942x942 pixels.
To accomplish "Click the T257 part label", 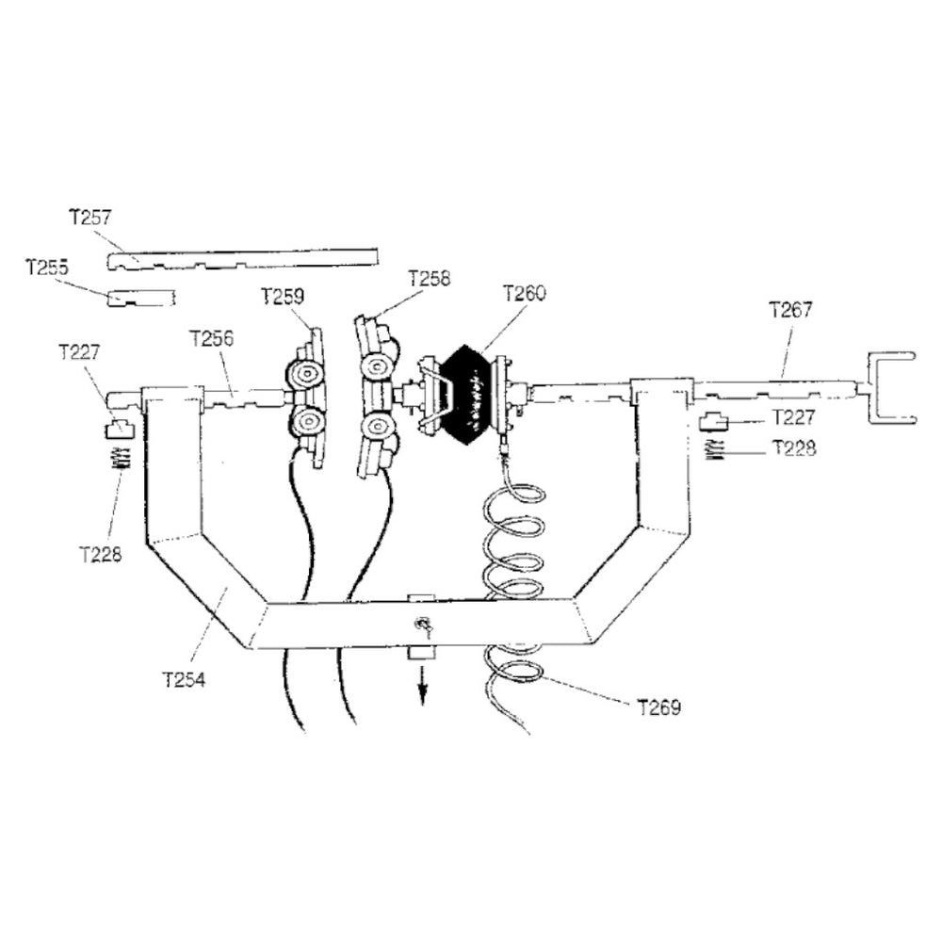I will tap(90, 217).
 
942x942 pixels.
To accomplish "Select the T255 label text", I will tap(46, 268).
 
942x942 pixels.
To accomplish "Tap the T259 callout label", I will tap(282, 297).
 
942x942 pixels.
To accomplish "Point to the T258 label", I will tap(429, 279).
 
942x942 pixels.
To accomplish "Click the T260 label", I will tap(524, 293).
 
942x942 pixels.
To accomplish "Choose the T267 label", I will tap(789, 308).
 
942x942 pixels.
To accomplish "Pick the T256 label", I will tap(211, 337).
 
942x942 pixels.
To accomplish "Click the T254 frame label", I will tap(184, 678).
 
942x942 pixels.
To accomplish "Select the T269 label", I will tap(658, 706).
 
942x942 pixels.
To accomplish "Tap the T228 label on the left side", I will tap(100, 554).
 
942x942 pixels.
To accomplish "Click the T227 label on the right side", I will tap(794, 416).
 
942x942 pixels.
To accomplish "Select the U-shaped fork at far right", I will tap(888, 388).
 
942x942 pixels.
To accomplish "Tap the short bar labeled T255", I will tap(141, 299).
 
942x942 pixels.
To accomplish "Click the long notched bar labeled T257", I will tap(243, 257).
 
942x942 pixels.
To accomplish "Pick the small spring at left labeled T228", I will tap(120, 459).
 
